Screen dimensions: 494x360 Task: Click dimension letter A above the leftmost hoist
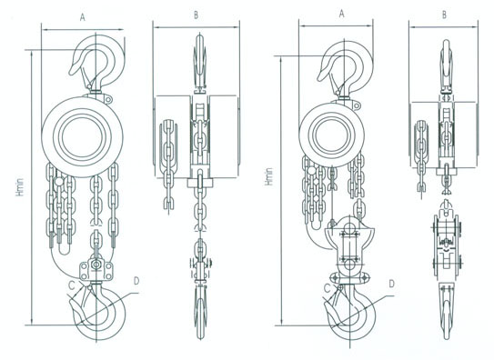pos(83,17)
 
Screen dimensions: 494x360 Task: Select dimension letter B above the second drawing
pos(196,15)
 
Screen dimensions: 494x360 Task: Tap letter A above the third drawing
pos(341,14)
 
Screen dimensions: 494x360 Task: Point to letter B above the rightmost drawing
pos(444,15)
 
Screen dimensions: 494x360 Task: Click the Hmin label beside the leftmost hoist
pos(20,187)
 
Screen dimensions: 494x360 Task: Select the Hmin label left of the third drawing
pos(269,176)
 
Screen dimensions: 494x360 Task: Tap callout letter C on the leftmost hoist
pos(72,285)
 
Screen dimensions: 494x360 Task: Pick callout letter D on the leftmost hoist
pos(136,281)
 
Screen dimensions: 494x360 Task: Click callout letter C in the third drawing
pos(328,287)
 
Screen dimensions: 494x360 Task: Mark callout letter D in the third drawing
pos(391,284)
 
